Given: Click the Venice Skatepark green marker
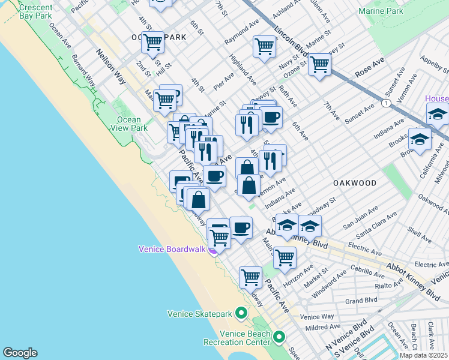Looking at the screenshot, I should pyautogui.click(x=241, y=313).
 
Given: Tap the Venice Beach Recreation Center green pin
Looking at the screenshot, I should pyautogui.click(x=279, y=338).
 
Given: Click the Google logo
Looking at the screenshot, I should pyautogui.click(x=20, y=353).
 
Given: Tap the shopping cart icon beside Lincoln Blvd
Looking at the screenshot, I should pyautogui.click(x=319, y=64).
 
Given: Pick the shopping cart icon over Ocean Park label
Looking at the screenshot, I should pyautogui.click(x=152, y=42).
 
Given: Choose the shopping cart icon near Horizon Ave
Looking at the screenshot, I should pyautogui.click(x=285, y=257).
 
